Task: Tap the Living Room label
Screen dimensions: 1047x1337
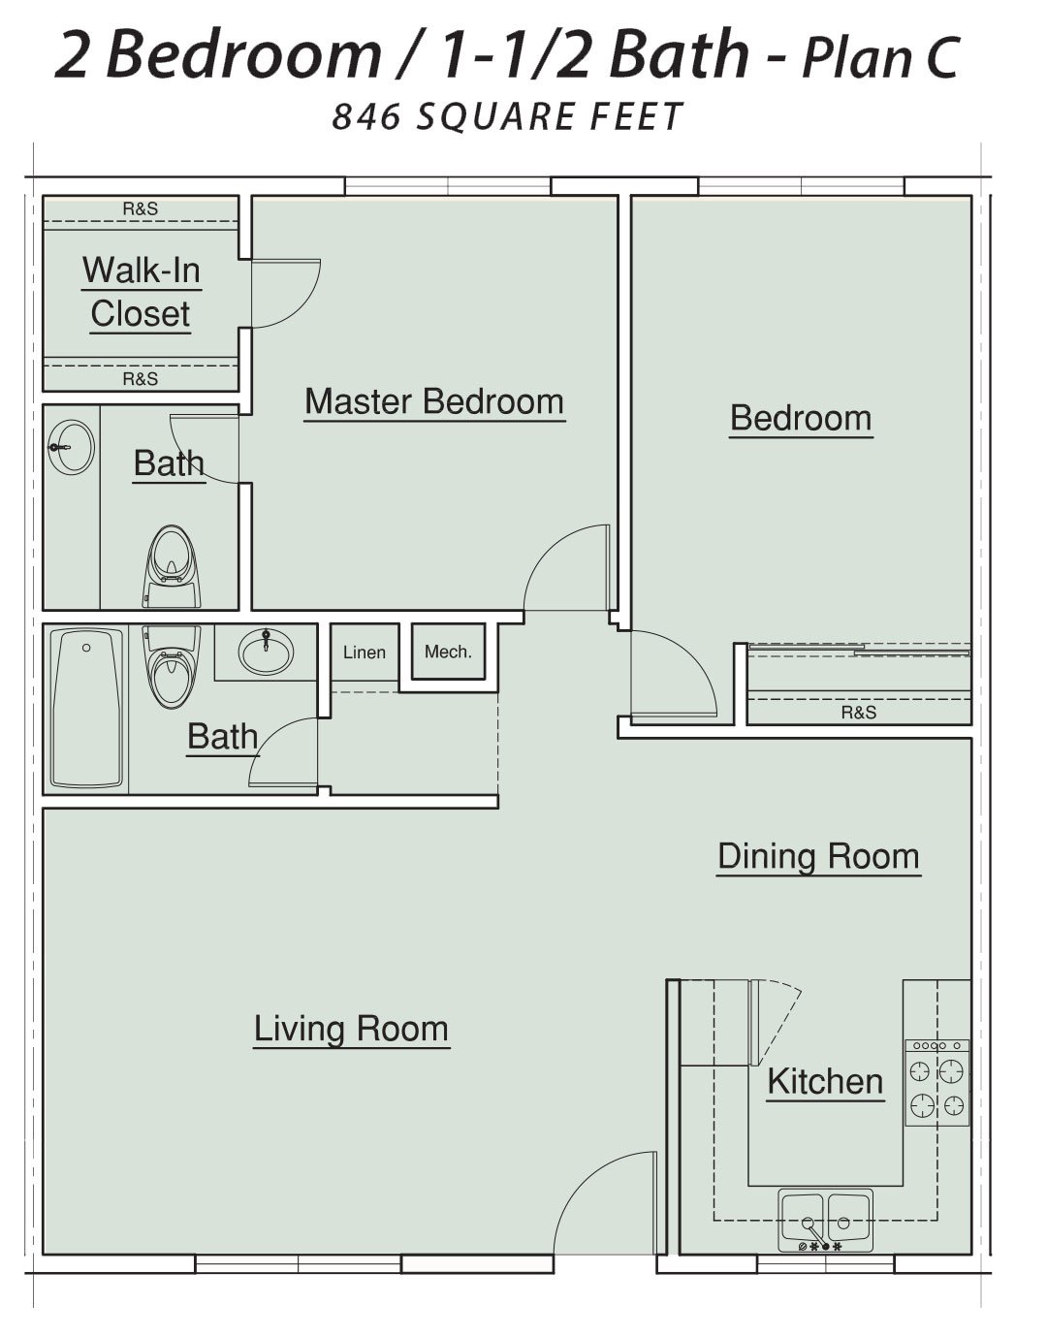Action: pos(351,1029)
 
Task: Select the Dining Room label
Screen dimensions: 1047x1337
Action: pos(818,856)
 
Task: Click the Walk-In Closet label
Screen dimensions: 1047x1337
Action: pos(142,292)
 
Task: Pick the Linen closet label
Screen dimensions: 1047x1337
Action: pos(365,653)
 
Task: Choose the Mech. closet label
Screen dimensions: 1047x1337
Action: pos(448,652)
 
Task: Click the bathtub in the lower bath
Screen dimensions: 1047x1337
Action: pos(86,708)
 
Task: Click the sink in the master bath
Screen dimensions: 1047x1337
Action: pos(72,447)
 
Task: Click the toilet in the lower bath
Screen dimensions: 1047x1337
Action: pos(172,667)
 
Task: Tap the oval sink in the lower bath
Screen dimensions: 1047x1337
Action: pos(266,652)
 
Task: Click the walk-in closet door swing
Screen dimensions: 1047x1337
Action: pos(286,294)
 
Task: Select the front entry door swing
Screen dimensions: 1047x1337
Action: pos(605,1203)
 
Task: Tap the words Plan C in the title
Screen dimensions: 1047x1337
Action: pos(880,57)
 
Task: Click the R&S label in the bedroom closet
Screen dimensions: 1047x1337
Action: pos(859,713)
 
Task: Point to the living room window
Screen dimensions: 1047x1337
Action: pos(299,1263)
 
